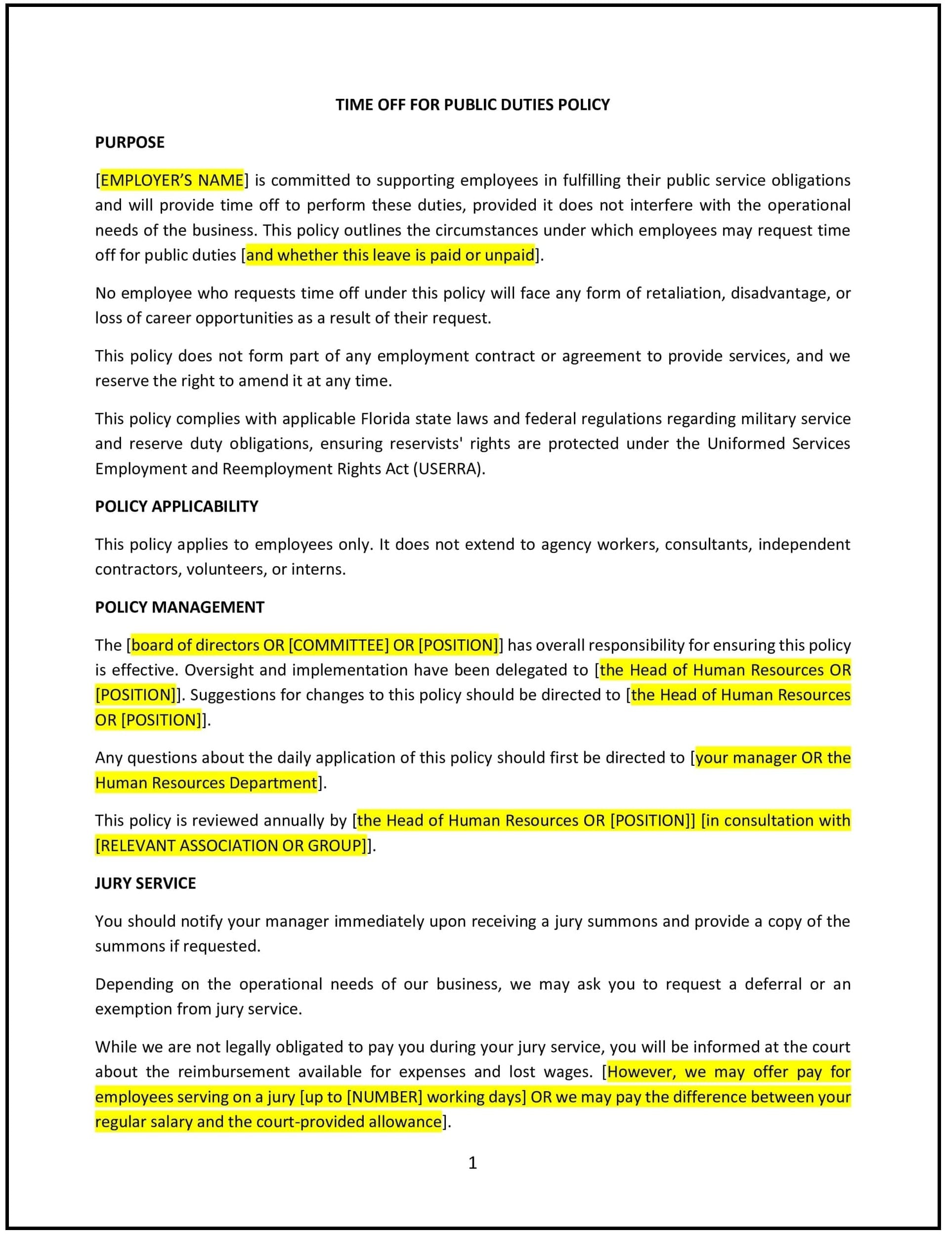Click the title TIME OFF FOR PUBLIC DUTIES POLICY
pyautogui.click(x=472, y=105)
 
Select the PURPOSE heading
pyautogui.click(x=129, y=142)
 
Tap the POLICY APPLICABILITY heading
pyautogui.click(x=176, y=506)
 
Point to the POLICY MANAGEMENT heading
pyautogui.click(x=179, y=607)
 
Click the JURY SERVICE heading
pyautogui.click(x=145, y=883)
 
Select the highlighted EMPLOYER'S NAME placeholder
pyautogui.click(x=172, y=180)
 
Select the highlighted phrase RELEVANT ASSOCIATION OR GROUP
pyautogui.click(x=231, y=845)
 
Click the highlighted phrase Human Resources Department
pyautogui.click(x=207, y=783)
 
